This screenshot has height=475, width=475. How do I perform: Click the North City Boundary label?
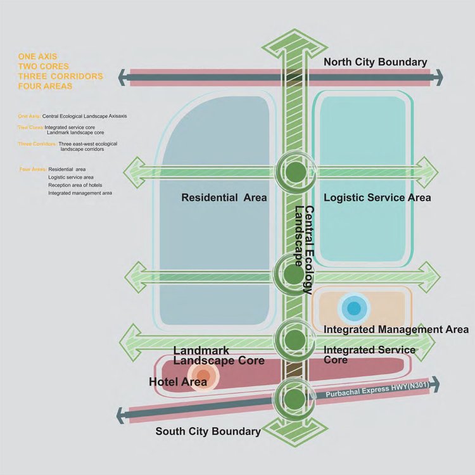pos(375,62)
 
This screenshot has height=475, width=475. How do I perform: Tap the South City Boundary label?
pos(208,431)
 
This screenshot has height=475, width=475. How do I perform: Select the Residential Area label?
pos(224,198)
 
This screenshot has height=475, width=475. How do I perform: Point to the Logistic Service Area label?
pos(377,198)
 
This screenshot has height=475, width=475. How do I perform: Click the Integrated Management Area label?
pos(396,329)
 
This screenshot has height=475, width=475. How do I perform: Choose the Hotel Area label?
pos(177,382)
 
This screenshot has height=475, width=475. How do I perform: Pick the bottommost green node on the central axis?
pos(294,399)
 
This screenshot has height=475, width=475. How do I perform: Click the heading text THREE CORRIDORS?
pos(61,76)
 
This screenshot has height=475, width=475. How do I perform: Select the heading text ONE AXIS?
pos(38,56)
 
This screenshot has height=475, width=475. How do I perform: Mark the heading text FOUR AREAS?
pos(45,86)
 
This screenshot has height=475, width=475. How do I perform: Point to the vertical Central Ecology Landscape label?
pos(303,250)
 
